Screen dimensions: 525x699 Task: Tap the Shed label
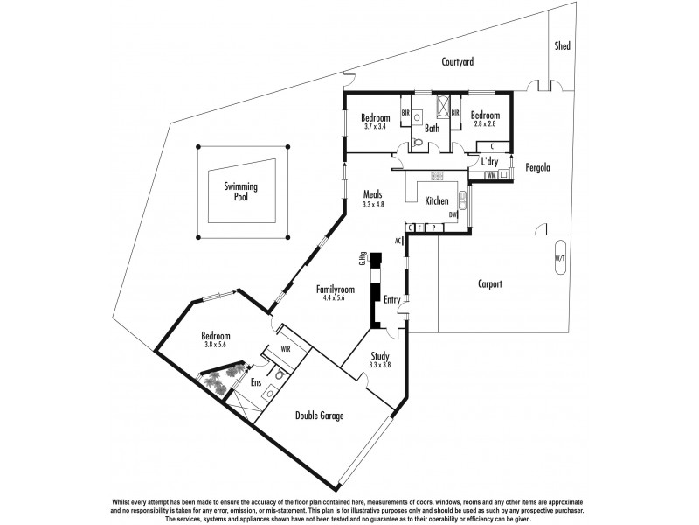click(562, 46)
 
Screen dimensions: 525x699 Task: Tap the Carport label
click(495, 283)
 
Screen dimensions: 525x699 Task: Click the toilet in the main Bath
click(418, 142)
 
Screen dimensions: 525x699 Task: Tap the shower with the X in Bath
click(443, 110)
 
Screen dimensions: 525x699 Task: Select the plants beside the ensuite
click(218, 381)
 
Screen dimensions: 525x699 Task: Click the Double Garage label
click(318, 416)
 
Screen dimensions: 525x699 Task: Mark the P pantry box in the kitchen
click(433, 228)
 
